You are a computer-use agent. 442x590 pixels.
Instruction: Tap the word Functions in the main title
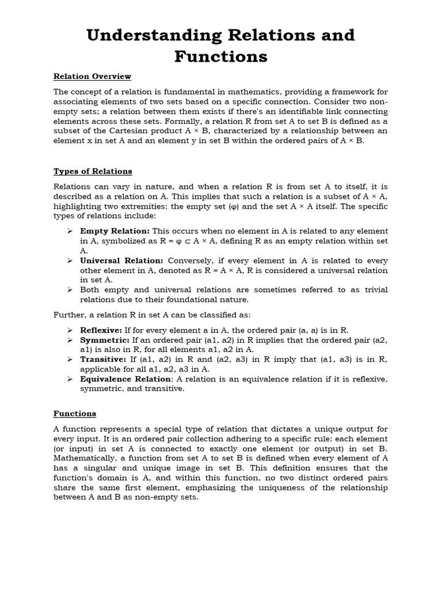pos(221,56)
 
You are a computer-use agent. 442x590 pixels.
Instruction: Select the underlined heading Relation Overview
pos(92,76)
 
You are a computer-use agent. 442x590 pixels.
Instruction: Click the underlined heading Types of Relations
pos(93,171)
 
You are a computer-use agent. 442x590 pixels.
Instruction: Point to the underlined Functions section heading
pos(75,414)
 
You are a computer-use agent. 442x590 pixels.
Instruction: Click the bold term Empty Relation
pos(115,231)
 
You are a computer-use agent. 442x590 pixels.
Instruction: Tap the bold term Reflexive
pos(101,330)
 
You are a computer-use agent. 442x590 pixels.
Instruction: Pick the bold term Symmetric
pos(103,340)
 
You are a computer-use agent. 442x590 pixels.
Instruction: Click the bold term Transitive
pos(103,360)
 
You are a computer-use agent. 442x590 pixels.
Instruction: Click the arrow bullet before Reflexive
pos(68,330)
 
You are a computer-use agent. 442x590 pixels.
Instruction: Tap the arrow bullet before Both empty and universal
pos(68,290)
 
